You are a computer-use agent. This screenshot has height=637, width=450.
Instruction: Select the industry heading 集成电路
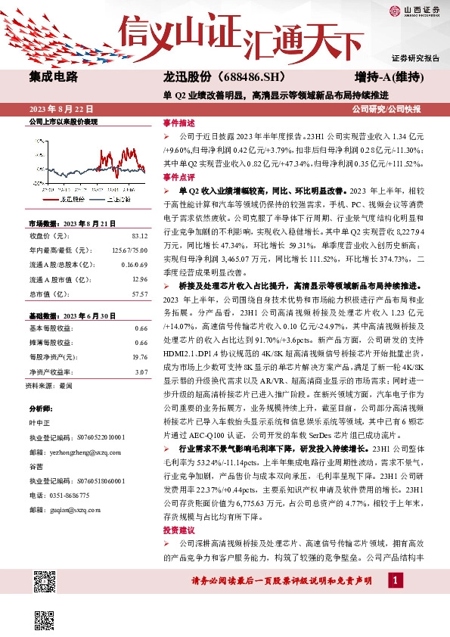pos(53,77)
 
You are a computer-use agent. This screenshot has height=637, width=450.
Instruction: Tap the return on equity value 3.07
pos(141,371)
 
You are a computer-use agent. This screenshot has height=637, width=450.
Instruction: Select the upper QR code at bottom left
pos(45,582)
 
